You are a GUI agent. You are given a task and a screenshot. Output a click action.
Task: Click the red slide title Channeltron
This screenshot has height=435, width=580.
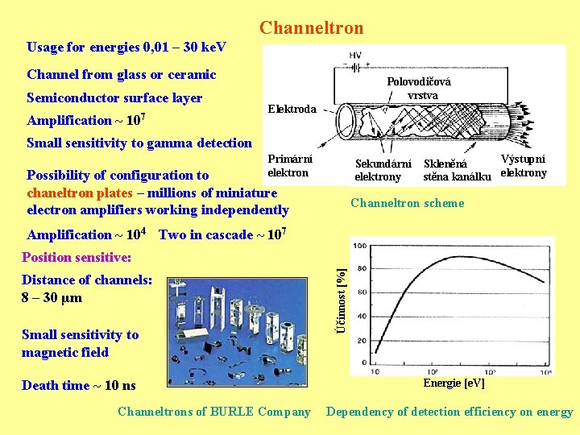pos(311,28)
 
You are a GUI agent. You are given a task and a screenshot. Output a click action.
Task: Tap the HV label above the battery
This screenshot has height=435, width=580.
pos(355,55)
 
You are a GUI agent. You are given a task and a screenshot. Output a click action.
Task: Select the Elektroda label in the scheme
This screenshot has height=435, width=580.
pos(292,109)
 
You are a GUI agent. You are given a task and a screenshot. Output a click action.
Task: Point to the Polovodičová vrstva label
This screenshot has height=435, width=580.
pos(419,89)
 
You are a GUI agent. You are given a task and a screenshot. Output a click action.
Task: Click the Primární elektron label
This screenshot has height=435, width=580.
pos(288,166)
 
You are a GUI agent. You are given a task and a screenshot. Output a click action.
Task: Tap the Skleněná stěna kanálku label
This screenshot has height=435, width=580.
pos(457,171)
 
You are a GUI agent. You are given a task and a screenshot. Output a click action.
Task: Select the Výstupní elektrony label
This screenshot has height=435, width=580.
pos(524,166)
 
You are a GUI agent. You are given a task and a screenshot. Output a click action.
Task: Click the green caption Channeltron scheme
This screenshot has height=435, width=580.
pos(408,203)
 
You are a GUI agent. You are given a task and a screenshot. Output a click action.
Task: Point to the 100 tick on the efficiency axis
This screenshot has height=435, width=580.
pos(362,246)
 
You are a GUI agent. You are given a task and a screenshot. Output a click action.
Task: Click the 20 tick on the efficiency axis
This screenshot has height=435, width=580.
pos(362,340)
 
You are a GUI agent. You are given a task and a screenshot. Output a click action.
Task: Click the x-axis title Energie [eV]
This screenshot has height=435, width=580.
pos(454,383)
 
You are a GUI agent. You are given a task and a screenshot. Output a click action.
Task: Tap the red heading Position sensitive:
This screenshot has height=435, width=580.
pos(77,257)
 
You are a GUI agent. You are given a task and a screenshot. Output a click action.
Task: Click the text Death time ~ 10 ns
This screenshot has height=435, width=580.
pos(79,385)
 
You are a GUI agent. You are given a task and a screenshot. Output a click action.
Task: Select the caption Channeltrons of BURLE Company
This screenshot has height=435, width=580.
pos(213,412)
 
